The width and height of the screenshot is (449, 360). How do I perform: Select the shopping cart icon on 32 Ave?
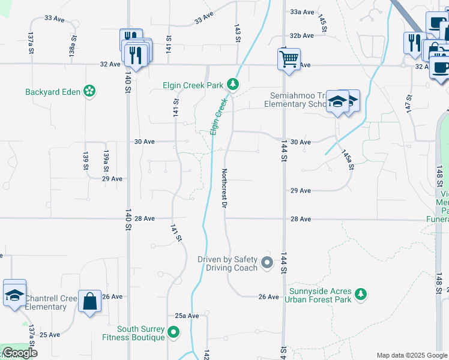pos(289,59)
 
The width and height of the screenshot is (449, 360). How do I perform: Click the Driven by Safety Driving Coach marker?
pos(268,262)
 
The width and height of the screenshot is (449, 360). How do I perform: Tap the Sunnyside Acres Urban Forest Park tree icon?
pos(361,293)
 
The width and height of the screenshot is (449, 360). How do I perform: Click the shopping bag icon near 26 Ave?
pos(89,301)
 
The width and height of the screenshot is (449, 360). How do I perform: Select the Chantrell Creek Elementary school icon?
pos(14,295)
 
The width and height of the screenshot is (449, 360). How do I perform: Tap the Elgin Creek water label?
pos(220,115)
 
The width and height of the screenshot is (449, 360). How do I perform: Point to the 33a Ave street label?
pos(302,12)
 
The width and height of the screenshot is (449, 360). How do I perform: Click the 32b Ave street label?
pos(302,36)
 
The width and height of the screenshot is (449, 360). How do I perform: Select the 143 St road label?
pos(238,34)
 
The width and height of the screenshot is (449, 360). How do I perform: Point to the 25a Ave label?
pos(187,316)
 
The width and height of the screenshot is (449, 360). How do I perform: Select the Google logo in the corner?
pos(19,353)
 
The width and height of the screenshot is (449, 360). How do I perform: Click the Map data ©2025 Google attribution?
pos(411,355)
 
